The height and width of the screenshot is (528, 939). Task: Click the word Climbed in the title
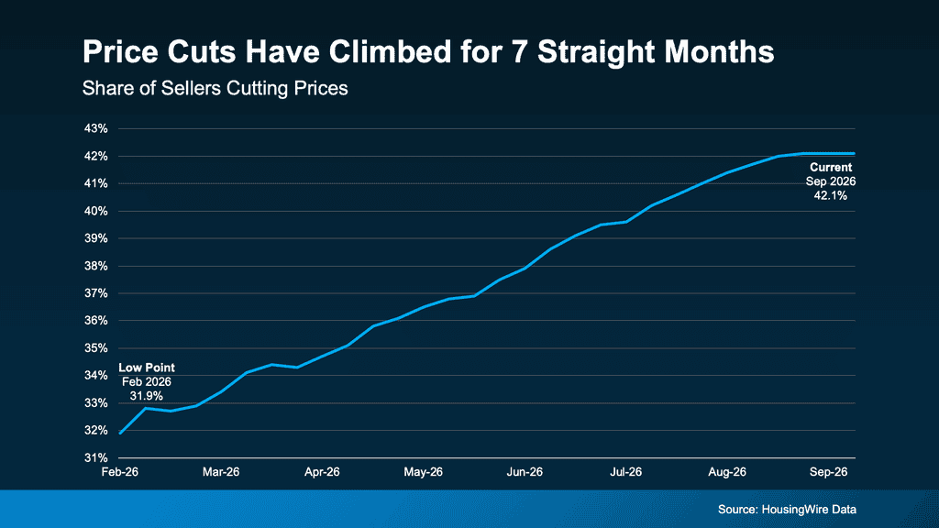[x=388, y=51]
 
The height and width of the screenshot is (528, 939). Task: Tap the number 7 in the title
[x=519, y=51]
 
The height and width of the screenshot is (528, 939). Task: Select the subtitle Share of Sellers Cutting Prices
[x=215, y=89]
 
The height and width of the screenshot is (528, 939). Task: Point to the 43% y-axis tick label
[x=95, y=128]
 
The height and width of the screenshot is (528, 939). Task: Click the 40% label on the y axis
[x=95, y=212]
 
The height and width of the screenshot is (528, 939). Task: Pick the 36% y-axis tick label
[x=95, y=321]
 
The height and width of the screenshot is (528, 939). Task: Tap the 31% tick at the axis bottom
[x=95, y=458]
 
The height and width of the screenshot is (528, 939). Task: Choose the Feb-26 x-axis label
[x=120, y=472]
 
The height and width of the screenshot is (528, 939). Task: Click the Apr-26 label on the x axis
[x=322, y=472]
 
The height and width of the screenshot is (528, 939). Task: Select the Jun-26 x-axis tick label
[x=525, y=472]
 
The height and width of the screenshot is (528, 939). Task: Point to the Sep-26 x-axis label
[x=829, y=472]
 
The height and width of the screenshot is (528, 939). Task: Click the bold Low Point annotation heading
[x=147, y=368]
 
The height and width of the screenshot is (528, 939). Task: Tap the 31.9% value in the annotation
[x=147, y=396]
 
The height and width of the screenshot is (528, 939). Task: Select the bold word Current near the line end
[x=831, y=168]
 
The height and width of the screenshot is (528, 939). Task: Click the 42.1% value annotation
[x=831, y=196]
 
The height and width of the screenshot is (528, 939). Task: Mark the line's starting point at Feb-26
[x=120, y=433]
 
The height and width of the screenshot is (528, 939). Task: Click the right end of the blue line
[x=854, y=154]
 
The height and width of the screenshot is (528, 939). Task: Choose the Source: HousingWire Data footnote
[x=787, y=510]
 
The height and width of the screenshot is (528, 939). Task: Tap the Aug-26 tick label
[x=727, y=472]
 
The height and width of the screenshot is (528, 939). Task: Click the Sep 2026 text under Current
[x=831, y=181]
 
